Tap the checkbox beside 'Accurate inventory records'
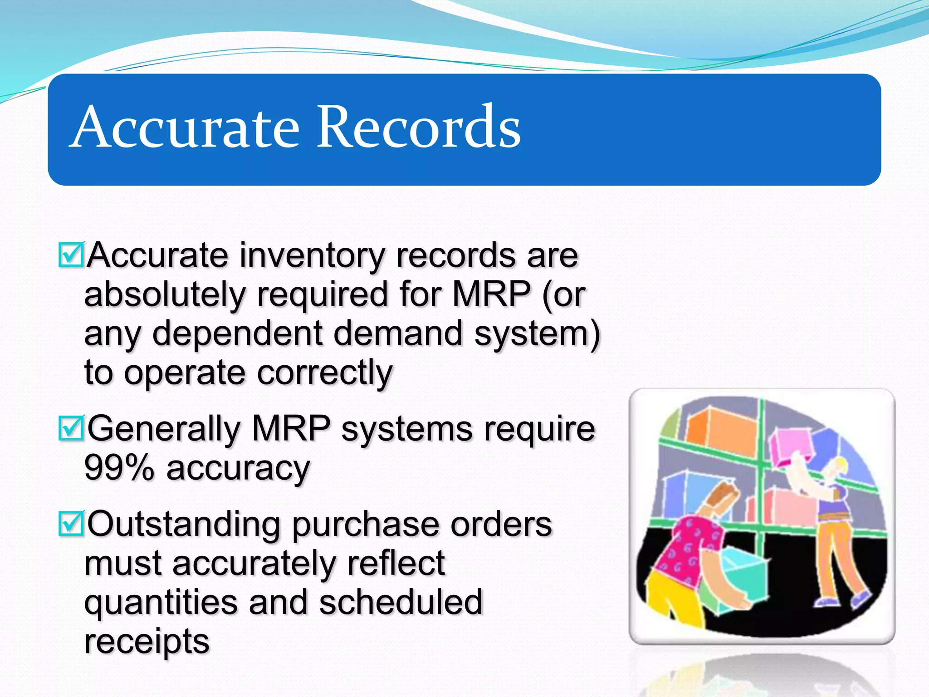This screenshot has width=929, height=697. pyautogui.click(x=71, y=255)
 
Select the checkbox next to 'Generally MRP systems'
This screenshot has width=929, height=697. pyautogui.click(x=71, y=428)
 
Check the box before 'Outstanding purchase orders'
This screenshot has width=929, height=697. pyautogui.click(x=71, y=524)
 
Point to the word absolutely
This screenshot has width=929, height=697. pyautogui.click(x=164, y=295)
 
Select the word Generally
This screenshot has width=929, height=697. pyautogui.click(x=163, y=429)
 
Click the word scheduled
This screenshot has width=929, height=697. pyautogui.click(x=401, y=602)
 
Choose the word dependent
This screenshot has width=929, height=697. pyautogui.click(x=237, y=334)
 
